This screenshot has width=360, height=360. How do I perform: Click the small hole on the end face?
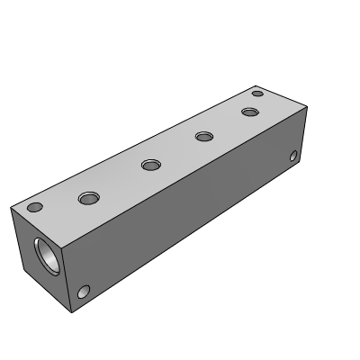click(x=84, y=292)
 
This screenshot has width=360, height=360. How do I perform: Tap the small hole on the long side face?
click(x=293, y=157)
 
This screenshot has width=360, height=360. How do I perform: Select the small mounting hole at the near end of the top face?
click(x=35, y=207)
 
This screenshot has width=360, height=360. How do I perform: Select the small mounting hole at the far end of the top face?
click(x=257, y=94)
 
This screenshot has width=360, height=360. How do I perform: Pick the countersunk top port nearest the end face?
click(x=89, y=197)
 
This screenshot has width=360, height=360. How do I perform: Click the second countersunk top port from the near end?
click(x=150, y=165)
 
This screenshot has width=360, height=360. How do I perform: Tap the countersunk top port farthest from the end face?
click(x=249, y=112)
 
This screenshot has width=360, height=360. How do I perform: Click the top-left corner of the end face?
click(x=11, y=205)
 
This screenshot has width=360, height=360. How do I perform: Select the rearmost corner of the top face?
click(x=253, y=81)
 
